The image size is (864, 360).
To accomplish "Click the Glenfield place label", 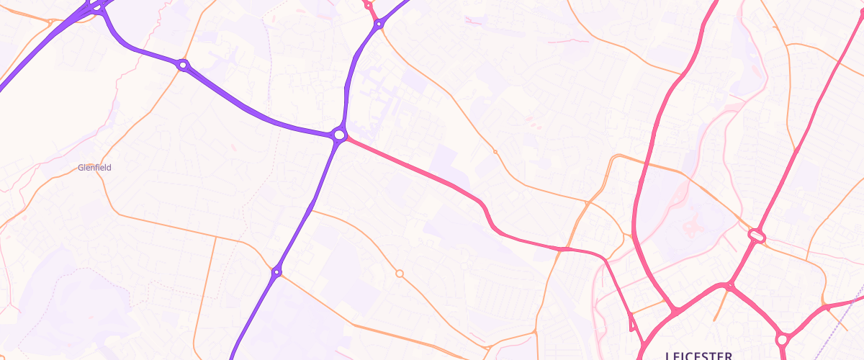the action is (94, 167).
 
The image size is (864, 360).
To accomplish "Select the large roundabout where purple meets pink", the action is (339, 135).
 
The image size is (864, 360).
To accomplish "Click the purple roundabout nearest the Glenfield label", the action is (183, 66).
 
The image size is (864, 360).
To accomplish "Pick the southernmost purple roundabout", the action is (276, 271).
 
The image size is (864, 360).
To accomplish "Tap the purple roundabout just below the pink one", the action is (378, 24).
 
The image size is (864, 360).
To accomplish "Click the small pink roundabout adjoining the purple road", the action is (368, 6).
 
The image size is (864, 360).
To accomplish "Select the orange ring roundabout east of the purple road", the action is (400, 274).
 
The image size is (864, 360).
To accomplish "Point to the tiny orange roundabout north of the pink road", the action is (495, 152).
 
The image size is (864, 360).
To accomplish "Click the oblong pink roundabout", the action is (756, 235).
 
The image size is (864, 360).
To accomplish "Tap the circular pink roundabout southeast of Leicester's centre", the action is (782, 338).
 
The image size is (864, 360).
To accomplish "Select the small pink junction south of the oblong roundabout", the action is (729, 287).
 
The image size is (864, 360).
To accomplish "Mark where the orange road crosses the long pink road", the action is (560, 249).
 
